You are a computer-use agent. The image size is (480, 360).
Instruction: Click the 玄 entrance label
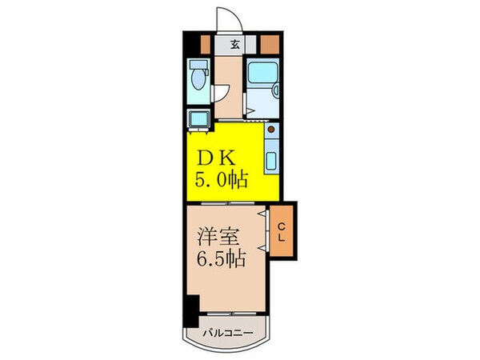click(236, 44)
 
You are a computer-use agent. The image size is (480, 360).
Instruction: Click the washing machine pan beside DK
click(198, 118)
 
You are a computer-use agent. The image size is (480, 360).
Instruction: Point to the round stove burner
click(271, 130)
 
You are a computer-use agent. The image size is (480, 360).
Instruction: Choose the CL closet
click(282, 230)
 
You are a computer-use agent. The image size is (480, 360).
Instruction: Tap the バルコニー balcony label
click(227, 332)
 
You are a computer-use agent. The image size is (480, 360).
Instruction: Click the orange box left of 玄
click(206, 42)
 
